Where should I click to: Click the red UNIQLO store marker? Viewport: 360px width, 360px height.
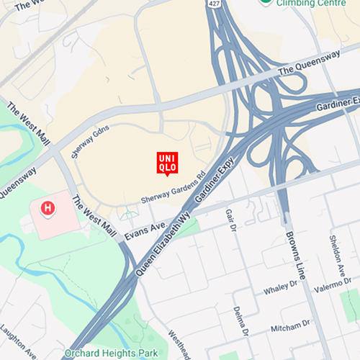point(167,162)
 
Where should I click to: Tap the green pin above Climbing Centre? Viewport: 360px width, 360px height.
point(266,2)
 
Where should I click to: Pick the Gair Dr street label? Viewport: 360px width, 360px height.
point(230,220)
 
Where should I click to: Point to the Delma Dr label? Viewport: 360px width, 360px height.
point(240,321)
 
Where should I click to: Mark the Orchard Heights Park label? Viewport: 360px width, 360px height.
point(110,354)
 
